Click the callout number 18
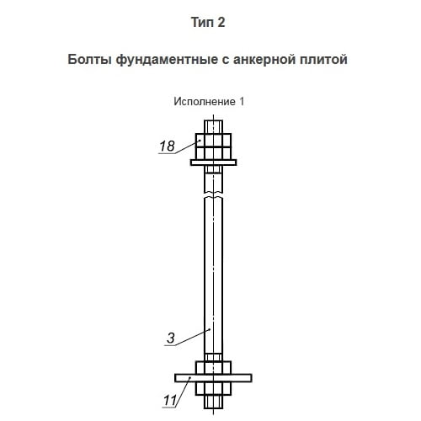pyautogui.click(x=167, y=146)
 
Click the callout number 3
pyautogui.click(x=171, y=338)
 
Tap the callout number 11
pyautogui.click(x=170, y=400)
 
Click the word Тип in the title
pyautogui.click(x=200, y=22)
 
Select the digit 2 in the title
pyautogui.click(x=221, y=22)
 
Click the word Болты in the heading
pyautogui.click(x=90, y=60)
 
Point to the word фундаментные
pyautogui.click(x=167, y=60)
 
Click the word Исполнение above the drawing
pyautogui.click(x=205, y=102)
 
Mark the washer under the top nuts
pyautogui.click(x=213, y=163)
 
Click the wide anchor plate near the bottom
pyautogui.click(x=213, y=378)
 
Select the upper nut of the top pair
pyautogui.click(x=213, y=140)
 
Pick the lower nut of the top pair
pyautogui.click(x=213, y=153)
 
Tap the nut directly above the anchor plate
pyautogui.click(x=213, y=368)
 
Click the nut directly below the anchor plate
pyautogui.click(x=213, y=389)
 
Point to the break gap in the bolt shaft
pyautogui.click(x=213, y=195)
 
